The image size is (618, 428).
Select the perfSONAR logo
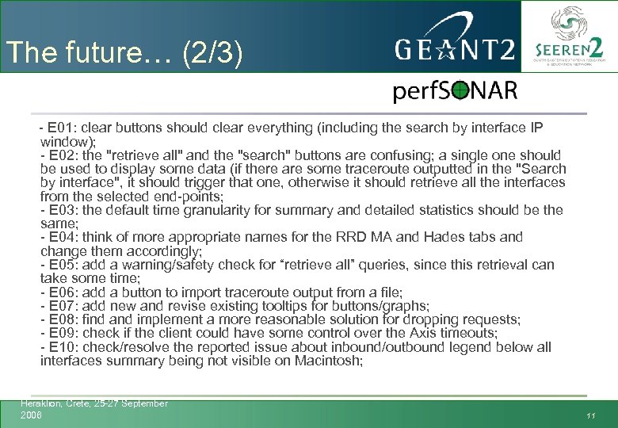(455, 92)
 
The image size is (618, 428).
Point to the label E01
(60, 128)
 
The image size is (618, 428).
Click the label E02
(60, 155)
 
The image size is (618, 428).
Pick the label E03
(60, 210)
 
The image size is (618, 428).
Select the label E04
(60, 237)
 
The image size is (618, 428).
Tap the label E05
(60, 265)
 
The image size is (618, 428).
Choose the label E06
(60, 292)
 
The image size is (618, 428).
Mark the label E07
(60, 306)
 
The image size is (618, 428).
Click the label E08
(60, 319)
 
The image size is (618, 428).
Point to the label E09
(60, 333)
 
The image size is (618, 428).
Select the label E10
(60, 347)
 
